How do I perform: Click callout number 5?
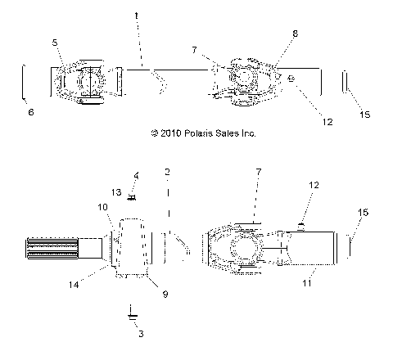[55, 41]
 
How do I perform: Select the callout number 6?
[31, 111]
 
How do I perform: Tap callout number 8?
[273, 34]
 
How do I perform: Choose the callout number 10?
[104, 208]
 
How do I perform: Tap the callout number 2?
[167, 172]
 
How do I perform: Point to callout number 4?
[137, 175]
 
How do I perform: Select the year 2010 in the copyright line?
[163, 131]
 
